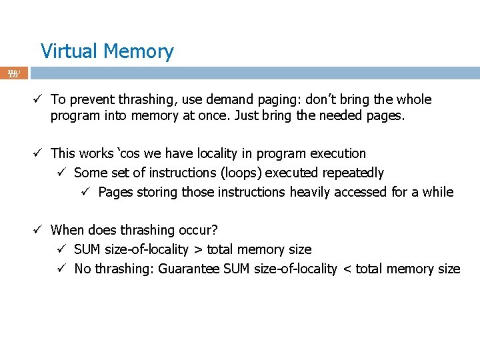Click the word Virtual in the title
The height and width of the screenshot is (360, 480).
pyautogui.click(x=65, y=51)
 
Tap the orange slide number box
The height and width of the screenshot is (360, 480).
pyautogui.click(x=13, y=73)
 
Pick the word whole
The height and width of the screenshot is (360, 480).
pyautogui.click(x=413, y=100)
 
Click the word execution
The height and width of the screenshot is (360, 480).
pyautogui.click(x=335, y=154)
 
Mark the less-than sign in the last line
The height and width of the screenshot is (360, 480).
pyautogui.click(x=346, y=269)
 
